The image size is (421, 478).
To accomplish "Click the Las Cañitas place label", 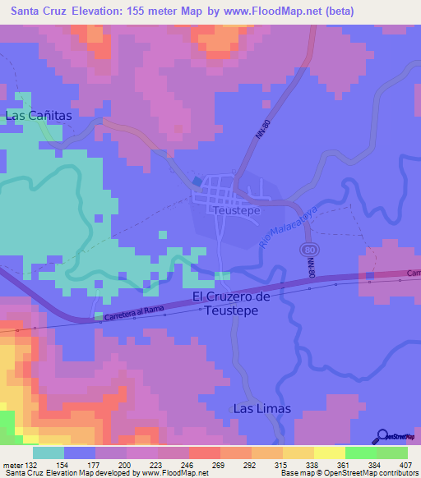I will coord(39,116).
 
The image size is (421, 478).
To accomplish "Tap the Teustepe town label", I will coord(237,210).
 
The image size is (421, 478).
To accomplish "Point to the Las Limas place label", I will coord(261,408).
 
